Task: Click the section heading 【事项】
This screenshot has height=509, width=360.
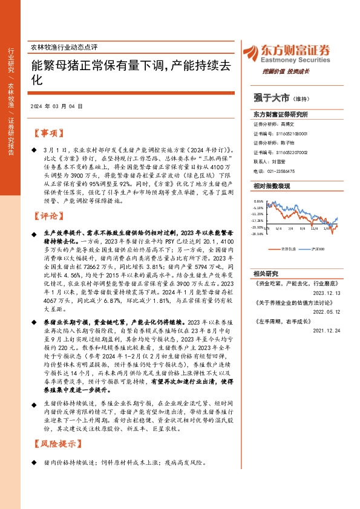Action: [47, 133]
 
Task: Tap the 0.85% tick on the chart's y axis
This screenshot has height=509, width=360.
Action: [258, 201]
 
